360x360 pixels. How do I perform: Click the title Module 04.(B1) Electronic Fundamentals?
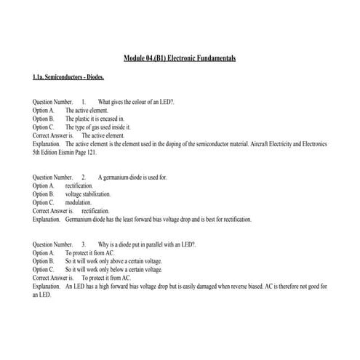[x=180, y=57]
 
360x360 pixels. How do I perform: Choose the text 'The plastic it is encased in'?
[x=95, y=118]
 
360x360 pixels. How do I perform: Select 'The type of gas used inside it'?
[x=98, y=127]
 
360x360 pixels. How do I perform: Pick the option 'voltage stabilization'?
[x=88, y=194]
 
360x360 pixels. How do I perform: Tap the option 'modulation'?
[x=79, y=203]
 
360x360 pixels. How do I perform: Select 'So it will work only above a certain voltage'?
[x=113, y=260]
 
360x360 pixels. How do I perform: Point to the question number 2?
[x=84, y=177]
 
